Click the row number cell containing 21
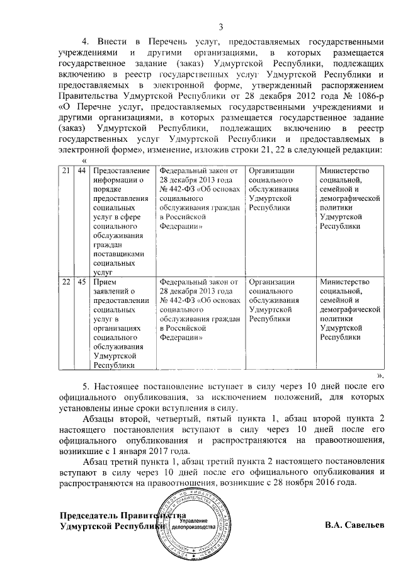[66, 172]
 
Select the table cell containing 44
[82, 172]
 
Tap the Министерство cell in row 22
[349, 309]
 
